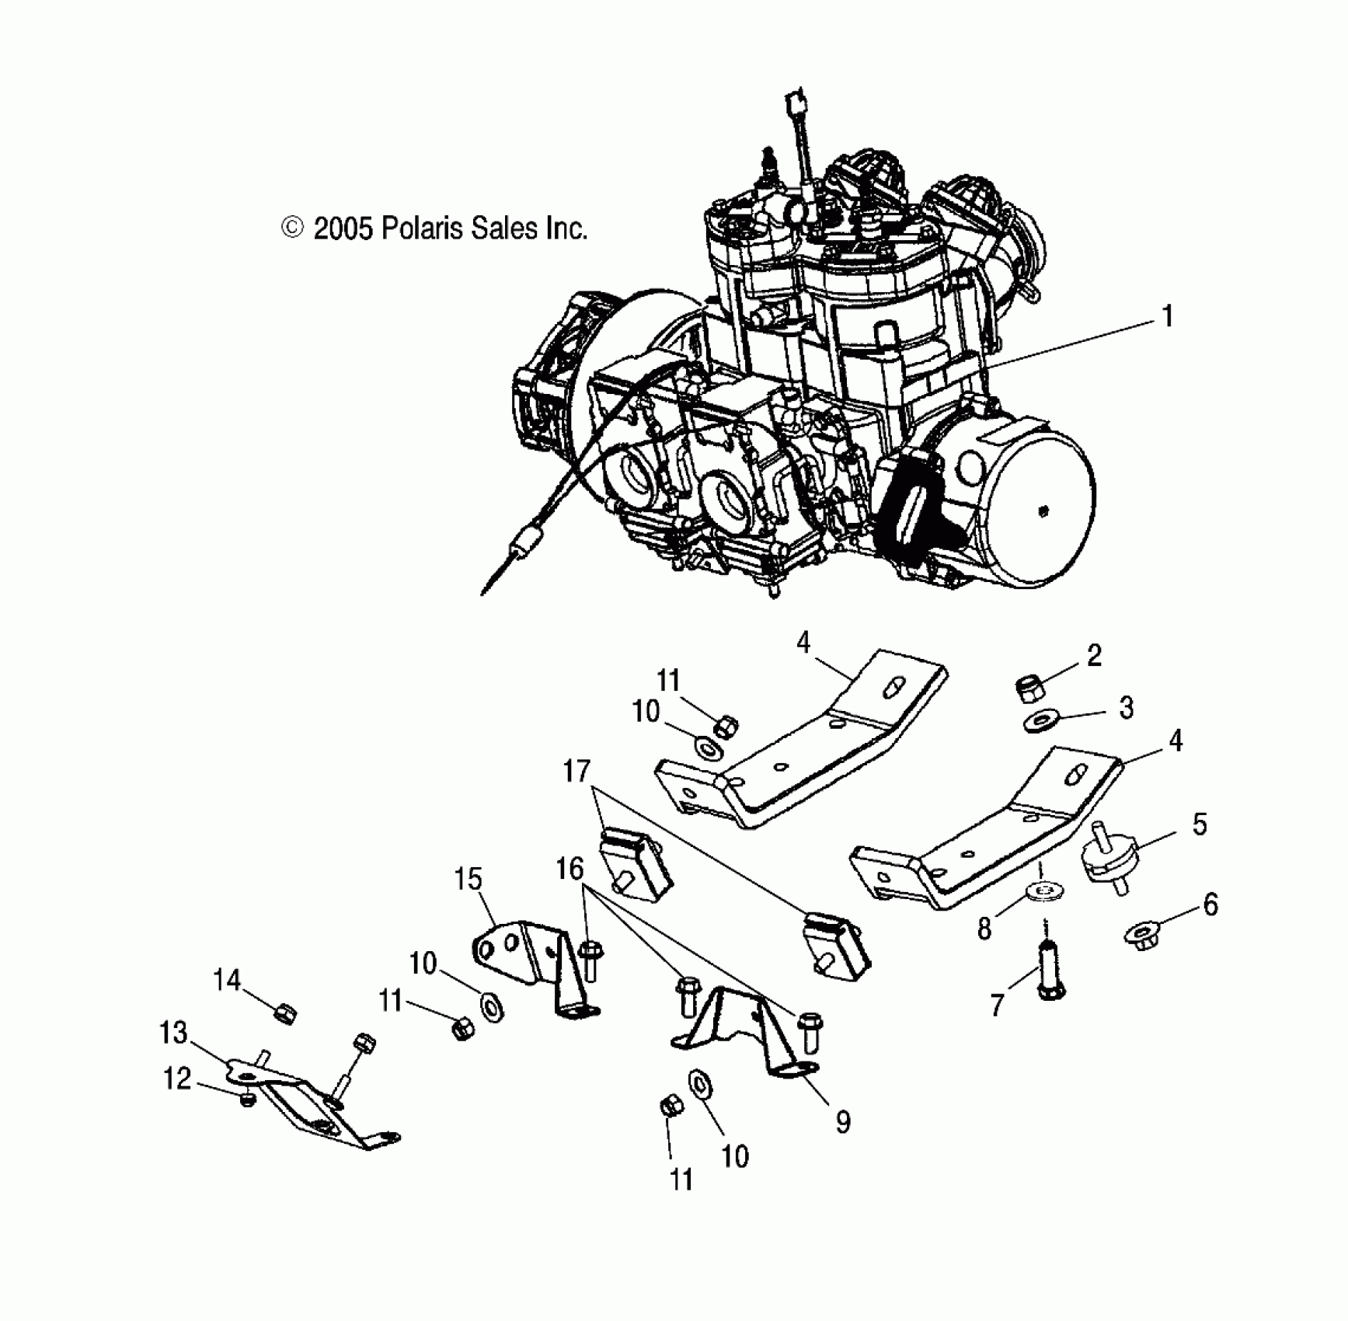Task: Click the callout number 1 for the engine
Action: pos(1166,317)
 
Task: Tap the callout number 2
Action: pos(1094,656)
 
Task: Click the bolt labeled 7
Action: pos(1050,971)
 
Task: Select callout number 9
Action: pos(843,1121)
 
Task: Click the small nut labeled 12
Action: pos(248,1100)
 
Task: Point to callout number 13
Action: pos(173,1033)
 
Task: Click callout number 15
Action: pos(468,880)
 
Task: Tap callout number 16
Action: pos(570,869)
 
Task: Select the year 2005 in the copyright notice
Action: pos(343,228)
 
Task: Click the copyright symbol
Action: pos(292,228)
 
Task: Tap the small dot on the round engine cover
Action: pos(1044,511)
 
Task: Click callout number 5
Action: pos(1200,824)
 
